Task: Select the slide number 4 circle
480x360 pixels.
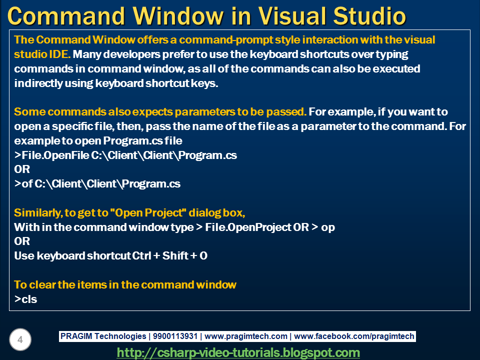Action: pos(20,340)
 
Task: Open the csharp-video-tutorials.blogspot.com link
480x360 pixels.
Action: pos(238,352)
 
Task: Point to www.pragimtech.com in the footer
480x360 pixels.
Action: pos(246,336)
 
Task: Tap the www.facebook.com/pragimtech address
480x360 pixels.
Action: pos(354,336)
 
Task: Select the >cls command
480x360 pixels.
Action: pos(26,299)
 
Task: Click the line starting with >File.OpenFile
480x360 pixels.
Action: pos(125,155)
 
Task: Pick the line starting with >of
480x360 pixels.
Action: pos(97,183)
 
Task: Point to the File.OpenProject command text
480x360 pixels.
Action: pos(248,227)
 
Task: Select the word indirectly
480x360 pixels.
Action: pos(37,83)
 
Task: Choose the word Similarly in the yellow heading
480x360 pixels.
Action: pos(36,212)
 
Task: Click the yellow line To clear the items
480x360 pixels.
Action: pos(125,284)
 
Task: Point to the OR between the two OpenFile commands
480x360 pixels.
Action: pos(22,169)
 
